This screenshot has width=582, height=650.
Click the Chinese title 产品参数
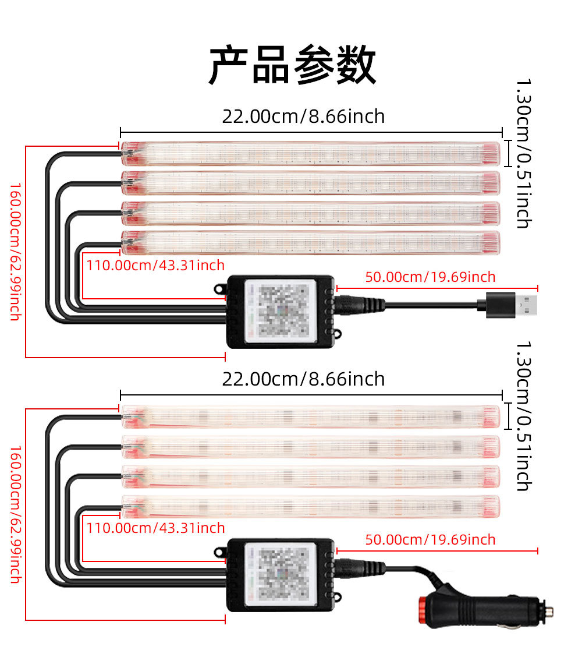tap(293, 65)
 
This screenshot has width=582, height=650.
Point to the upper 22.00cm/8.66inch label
tap(303, 116)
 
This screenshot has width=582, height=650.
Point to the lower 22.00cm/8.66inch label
tap(303, 379)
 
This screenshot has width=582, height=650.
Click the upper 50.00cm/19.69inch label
tap(430, 277)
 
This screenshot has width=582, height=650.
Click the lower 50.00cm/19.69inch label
tap(430, 540)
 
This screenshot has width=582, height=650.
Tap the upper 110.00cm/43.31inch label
tap(155, 266)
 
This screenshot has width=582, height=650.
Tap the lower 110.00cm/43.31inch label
tap(155, 528)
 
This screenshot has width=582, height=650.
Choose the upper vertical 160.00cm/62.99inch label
tap(15, 252)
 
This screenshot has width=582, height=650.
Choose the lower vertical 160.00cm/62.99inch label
tap(15, 514)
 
